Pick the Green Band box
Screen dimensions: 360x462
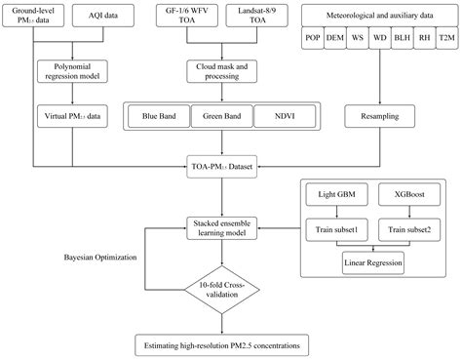[x=219, y=115]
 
